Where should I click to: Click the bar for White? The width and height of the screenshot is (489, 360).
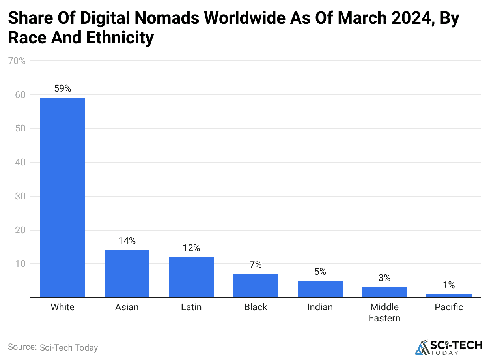click(63, 197)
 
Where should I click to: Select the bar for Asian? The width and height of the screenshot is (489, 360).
click(127, 274)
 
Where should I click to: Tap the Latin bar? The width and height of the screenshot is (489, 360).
click(191, 277)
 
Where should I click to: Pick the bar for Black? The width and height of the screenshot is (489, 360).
click(256, 285)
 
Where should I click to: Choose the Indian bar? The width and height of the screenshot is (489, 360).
click(320, 289)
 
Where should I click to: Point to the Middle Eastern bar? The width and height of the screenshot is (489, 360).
click(384, 292)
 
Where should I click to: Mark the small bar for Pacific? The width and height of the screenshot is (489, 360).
click(449, 296)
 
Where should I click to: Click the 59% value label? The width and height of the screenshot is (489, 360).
click(63, 88)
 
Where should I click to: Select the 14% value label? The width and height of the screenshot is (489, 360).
click(127, 241)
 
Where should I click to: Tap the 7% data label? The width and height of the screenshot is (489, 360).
click(256, 264)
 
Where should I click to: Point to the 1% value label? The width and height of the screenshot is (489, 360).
click(449, 285)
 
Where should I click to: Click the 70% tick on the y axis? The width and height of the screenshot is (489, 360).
click(17, 61)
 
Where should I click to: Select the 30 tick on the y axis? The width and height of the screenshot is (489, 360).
click(20, 196)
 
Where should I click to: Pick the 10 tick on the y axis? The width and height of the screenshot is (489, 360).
click(20, 264)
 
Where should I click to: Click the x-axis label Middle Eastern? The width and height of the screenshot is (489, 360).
click(384, 313)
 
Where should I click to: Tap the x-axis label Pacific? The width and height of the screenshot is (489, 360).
click(449, 307)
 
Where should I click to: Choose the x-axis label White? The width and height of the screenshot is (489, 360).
click(63, 307)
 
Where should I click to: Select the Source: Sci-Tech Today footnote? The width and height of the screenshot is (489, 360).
click(53, 347)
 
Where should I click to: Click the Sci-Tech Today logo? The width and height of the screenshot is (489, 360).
click(448, 347)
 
